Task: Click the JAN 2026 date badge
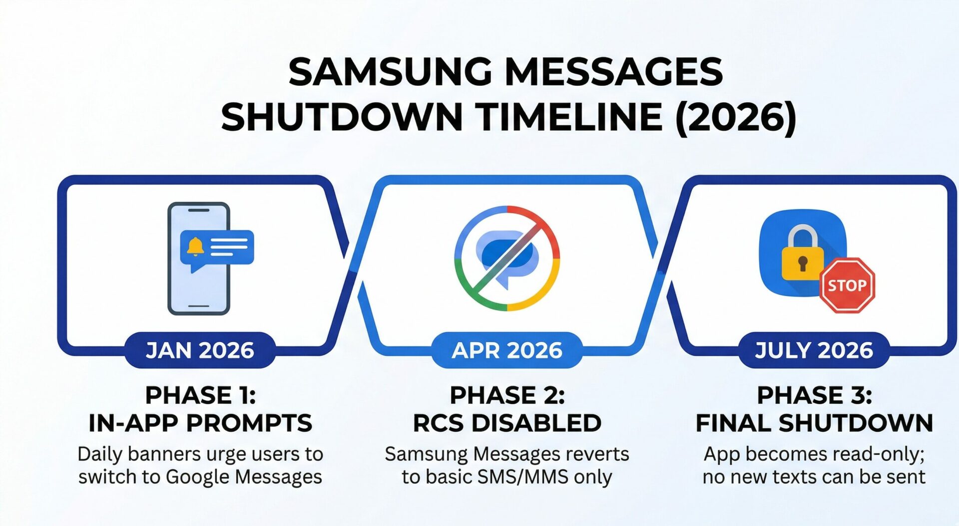point(200,350)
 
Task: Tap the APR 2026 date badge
point(506,350)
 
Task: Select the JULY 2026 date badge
point(814,350)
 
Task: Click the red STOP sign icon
point(847,285)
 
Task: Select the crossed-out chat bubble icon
point(506,258)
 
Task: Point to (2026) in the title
point(735,117)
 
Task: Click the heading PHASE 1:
point(200,395)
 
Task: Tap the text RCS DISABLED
point(506,423)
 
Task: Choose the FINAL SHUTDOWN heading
point(814,423)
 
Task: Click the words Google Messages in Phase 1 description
point(244,477)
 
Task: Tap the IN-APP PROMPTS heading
point(200,423)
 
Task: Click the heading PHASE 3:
point(814,395)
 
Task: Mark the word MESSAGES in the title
point(614,72)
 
